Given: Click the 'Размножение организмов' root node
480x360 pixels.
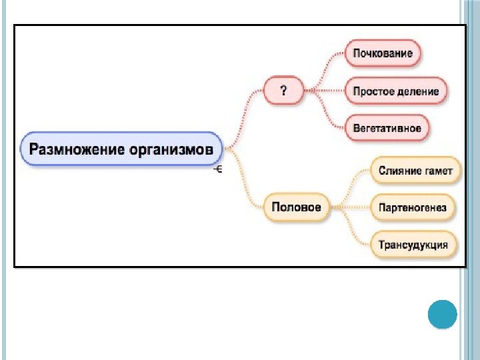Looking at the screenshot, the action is (124, 148).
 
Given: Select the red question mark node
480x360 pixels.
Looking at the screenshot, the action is (283, 91).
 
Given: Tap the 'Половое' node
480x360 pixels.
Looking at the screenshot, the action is (296, 207).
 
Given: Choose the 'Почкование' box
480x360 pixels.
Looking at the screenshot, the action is (383, 53).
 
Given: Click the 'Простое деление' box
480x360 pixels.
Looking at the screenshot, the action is (396, 91).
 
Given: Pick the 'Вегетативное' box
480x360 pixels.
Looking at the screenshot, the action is (387, 129).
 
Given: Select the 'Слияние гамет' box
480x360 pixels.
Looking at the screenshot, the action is (415, 171).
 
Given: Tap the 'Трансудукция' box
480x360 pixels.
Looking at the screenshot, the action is (413, 245).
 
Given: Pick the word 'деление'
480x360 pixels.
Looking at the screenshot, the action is (419, 91).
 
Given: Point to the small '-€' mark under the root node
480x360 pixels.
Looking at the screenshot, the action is (217, 170).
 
